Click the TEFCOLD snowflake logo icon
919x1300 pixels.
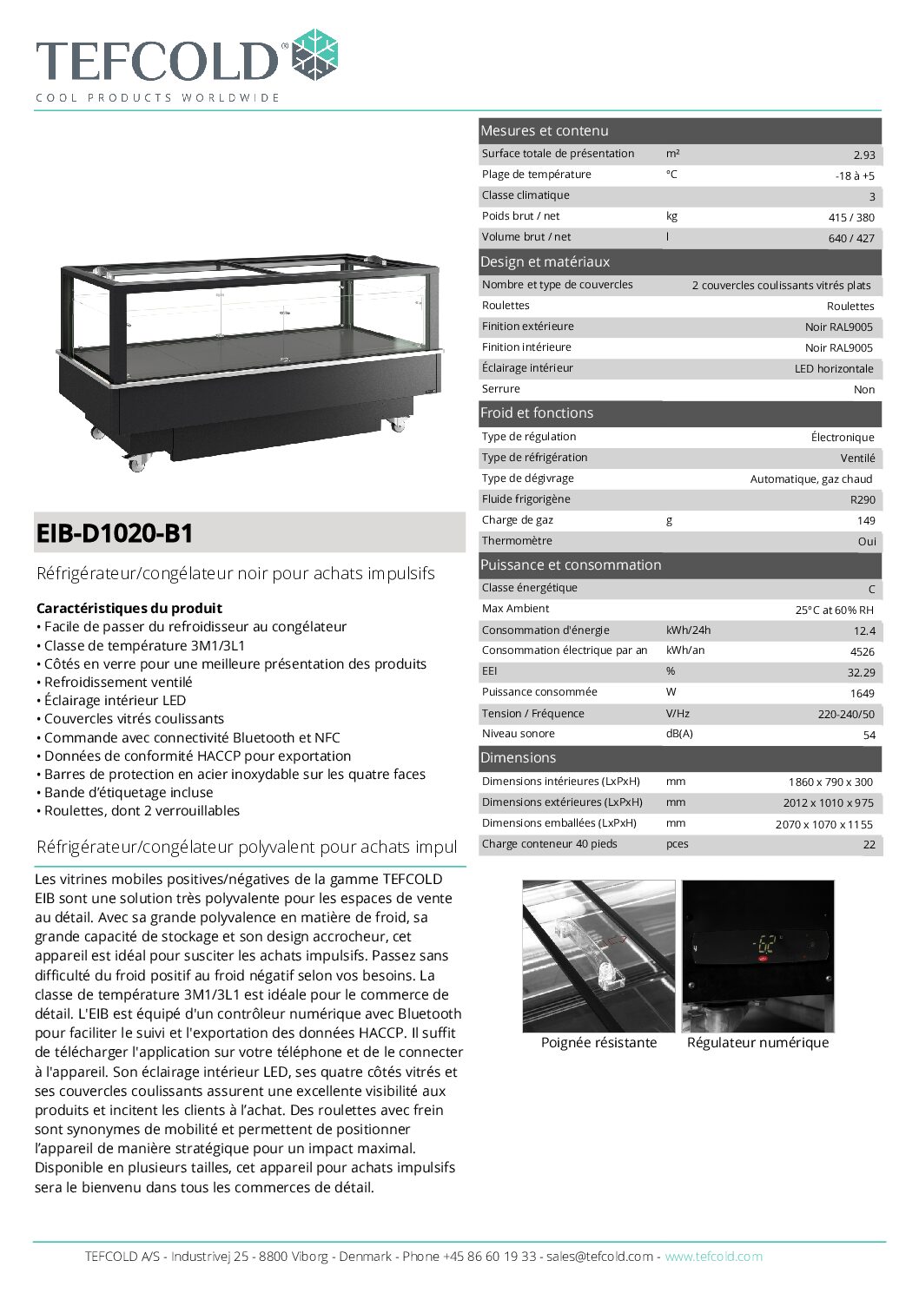(314, 55)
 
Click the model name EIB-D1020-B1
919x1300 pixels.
(115, 533)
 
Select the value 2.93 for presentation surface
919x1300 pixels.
(863, 155)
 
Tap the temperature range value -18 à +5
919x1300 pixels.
(855, 175)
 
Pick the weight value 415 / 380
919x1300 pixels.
(851, 217)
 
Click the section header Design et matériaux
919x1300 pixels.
(545, 261)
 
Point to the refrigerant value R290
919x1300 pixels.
(863, 499)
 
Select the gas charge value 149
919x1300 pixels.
(865, 520)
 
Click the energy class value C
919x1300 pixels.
(871, 589)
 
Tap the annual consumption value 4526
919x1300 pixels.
(862, 651)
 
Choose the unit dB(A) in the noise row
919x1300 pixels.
(679, 734)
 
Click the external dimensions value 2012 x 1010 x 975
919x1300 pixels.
(828, 802)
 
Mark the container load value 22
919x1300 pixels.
(869, 844)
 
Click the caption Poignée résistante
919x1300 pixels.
(598, 1042)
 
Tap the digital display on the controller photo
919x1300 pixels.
(766, 944)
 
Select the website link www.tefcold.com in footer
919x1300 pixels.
(713, 1256)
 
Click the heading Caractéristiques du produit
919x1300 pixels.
(129, 608)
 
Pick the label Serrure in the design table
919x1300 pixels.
(501, 389)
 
